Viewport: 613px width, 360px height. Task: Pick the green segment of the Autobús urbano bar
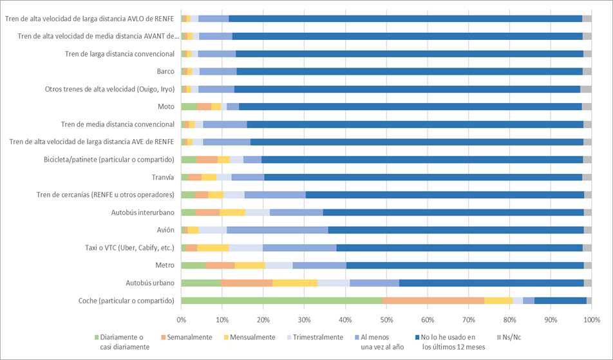(201, 283)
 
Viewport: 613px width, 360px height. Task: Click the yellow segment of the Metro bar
(250, 265)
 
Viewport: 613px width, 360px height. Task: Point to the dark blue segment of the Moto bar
(410, 106)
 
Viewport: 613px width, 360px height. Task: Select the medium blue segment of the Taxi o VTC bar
(299, 247)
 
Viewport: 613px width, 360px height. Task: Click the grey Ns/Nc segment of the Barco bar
(587, 71)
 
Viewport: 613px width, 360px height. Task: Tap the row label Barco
(165, 71)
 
